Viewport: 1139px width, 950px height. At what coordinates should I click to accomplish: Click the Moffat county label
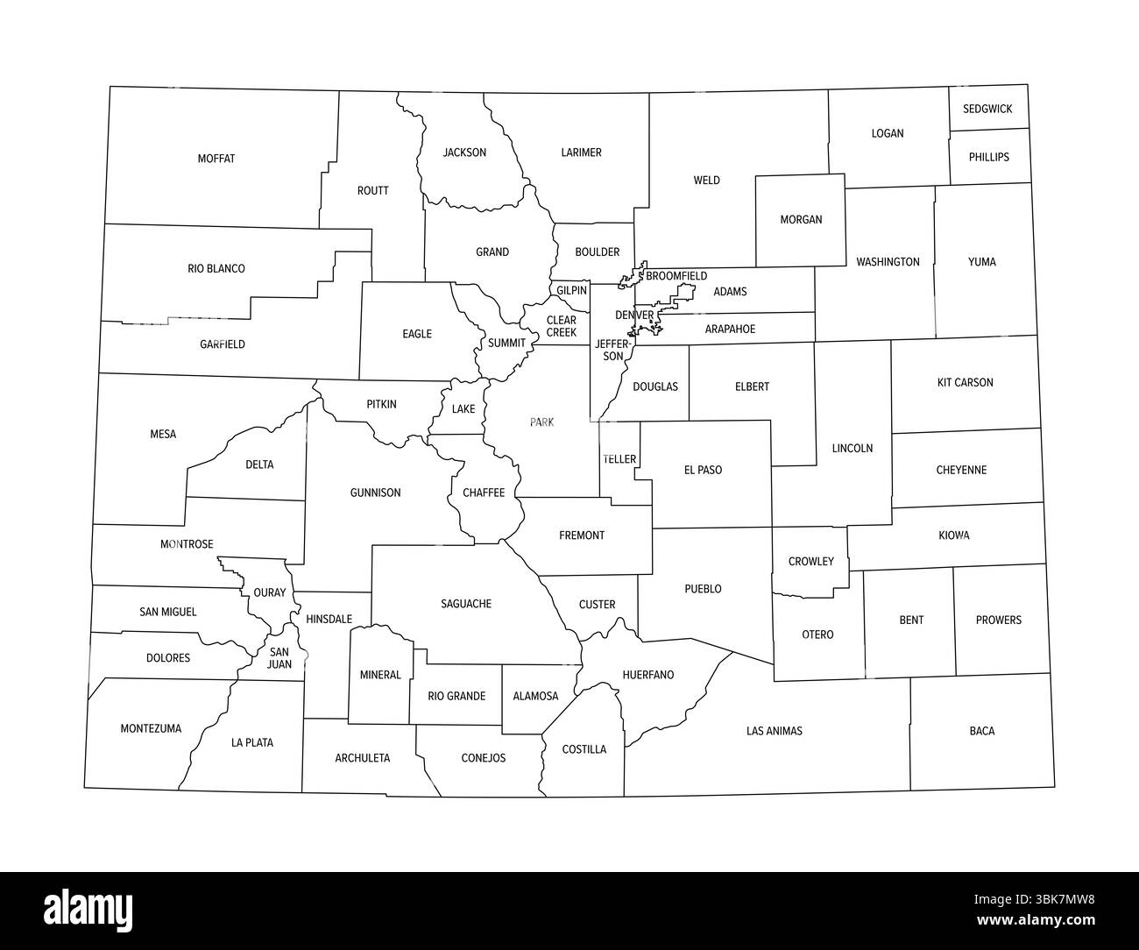(216, 159)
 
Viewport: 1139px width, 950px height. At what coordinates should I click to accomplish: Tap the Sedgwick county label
(987, 110)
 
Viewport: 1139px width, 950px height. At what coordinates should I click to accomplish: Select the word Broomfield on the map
(676, 276)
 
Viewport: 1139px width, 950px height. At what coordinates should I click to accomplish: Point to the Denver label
(633, 315)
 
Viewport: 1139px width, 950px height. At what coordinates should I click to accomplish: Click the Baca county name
(982, 731)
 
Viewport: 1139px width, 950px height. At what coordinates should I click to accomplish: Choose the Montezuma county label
(151, 728)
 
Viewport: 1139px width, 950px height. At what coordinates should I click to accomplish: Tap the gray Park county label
(541, 422)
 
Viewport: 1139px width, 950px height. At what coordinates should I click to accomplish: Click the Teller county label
(619, 459)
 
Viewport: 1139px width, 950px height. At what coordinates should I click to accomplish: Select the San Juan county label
(279, 658)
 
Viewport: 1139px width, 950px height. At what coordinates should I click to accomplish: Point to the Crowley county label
(810, 562)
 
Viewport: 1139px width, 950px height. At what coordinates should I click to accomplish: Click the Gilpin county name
(571, 290)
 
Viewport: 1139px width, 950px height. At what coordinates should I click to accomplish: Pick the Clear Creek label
(562, 326)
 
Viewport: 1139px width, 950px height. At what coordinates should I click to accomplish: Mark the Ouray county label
(269, 593)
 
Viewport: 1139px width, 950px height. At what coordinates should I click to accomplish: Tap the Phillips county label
(988, 158)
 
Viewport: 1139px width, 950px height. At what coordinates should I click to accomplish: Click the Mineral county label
(380, 675)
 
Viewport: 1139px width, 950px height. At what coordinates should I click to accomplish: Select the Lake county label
(463, 409)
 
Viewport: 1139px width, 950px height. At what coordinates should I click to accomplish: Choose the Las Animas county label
(774, 731)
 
